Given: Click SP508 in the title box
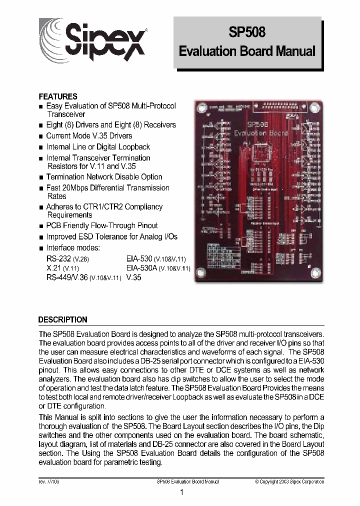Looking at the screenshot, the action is pyautogui.click(x=247, y=32).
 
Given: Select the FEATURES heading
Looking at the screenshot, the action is pyautogui.click(x=58, y=96).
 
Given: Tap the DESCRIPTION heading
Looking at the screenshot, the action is pyautogui.click(x=63, y=319).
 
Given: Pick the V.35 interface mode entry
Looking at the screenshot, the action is pyautogui.click(x=134, y=277).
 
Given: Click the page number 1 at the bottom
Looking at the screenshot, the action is pyautogui.click(x=181, y=492).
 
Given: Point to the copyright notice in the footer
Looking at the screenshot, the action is pyautogui.click(x=289, y=481).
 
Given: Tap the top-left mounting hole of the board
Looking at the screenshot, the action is pyautogui.click(x=202, y=108).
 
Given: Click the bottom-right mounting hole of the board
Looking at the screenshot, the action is pyautogui.click(x=314, y=272).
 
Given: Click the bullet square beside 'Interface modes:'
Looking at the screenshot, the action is pyautogui.click(x=41, y=248).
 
